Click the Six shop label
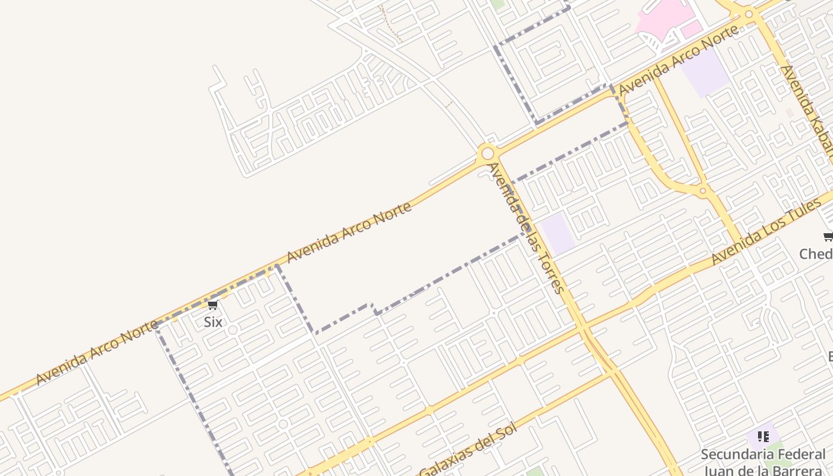click(x=213, y=322)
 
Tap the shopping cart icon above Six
click(x=212, y=305)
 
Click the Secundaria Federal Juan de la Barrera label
click(x=763, y=462)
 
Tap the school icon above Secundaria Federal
click(x=763, y=437)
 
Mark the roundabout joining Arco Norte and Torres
click(x=487, y=154)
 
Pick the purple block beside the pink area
click(x=705, y=72)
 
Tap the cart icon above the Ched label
click(x=828, y=237)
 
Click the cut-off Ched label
click(x=816, y=254)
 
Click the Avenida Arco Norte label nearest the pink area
click(x=678, y=60)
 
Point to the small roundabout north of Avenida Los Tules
click(x=703, y=190)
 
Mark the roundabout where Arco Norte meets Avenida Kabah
click(x=749, y=13)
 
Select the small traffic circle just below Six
click(x=233, y=330)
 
